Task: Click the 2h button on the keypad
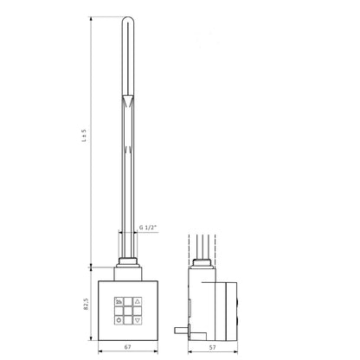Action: pos(119,302)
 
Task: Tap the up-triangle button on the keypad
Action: pos(138,302)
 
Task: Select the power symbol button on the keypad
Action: pos(119,320)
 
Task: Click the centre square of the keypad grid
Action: pos(128,311)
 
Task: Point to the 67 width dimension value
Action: pos(128,347)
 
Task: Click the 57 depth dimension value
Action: pos(212,348)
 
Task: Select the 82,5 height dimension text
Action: pos(86,304)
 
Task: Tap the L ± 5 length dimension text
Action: pos(84,135)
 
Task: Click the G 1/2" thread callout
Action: pos(148,228)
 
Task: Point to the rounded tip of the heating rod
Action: pos(127,20)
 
